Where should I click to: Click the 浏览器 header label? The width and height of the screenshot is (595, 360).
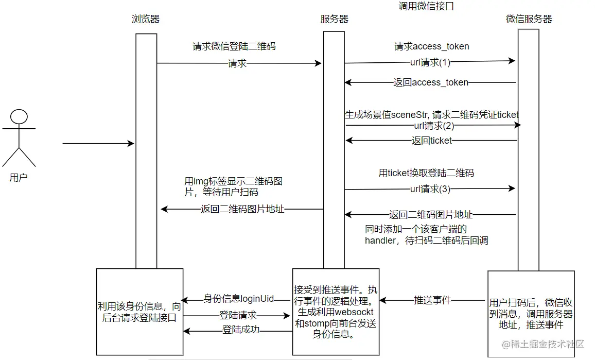point(146,20)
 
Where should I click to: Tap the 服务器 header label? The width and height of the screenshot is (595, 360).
point(334,20)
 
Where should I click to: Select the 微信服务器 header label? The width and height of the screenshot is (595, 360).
point(529,19)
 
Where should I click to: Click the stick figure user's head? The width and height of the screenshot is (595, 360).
point(19,117)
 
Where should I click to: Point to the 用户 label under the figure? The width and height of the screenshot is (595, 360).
point(19,178)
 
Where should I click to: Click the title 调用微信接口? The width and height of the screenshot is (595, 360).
point(426,7)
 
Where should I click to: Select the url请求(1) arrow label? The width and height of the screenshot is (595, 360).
point(430,62)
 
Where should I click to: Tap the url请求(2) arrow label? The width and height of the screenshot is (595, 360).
point(433,125)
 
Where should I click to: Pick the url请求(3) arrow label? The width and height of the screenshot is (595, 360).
point(430,189)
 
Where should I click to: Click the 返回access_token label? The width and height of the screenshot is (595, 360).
point(430,82)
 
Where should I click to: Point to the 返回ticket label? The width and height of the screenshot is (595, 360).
point(432,140)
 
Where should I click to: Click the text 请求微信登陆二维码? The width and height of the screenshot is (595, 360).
point(234,46)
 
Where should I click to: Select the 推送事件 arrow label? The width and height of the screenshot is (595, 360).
point(433,300)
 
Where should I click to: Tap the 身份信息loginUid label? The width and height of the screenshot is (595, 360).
point(238,299)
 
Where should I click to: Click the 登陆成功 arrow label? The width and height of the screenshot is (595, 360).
point(240,330)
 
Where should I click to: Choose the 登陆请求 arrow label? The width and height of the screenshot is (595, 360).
point(238,315)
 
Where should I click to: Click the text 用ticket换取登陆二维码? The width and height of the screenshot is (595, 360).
point(426,173)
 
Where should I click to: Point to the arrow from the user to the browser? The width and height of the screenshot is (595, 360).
point(98,144)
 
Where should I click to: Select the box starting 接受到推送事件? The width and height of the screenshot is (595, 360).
point(336,312)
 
